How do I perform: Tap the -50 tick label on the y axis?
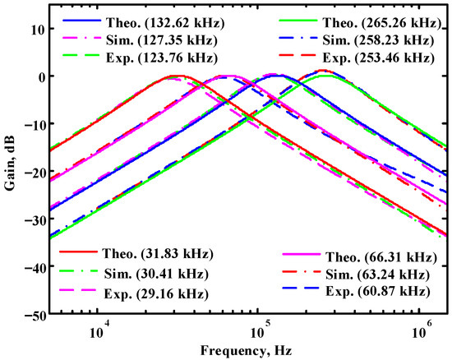point(34,314)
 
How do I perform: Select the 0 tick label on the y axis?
point(39,76)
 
